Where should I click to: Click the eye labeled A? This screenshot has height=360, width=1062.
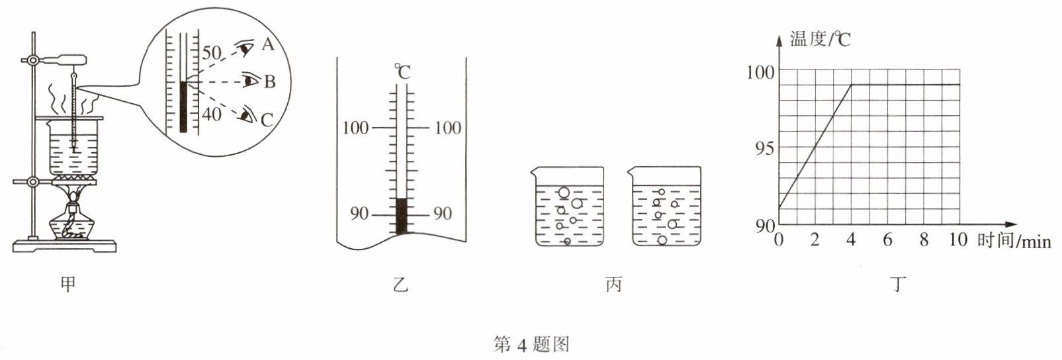[246, 48]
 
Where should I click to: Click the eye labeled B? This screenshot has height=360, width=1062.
[251, 81]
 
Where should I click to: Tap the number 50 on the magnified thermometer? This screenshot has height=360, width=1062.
[212, 52]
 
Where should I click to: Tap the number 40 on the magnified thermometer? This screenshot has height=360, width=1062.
[212, 114]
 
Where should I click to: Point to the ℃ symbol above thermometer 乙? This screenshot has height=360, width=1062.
[402, 71]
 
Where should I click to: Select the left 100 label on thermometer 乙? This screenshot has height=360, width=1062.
[355, 127]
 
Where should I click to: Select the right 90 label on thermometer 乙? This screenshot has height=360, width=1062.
[442, 213]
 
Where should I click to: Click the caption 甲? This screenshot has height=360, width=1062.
[67, 285]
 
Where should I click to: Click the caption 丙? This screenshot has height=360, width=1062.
[613, 285]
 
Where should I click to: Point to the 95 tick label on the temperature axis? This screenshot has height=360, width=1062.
[764, 148]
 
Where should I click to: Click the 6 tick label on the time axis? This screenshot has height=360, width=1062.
[887, 240]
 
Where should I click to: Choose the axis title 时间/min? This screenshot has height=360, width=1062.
[1014, 240]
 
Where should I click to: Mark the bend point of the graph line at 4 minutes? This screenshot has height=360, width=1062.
[852, 85]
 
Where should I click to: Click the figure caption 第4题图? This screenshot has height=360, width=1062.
[531, 344]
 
